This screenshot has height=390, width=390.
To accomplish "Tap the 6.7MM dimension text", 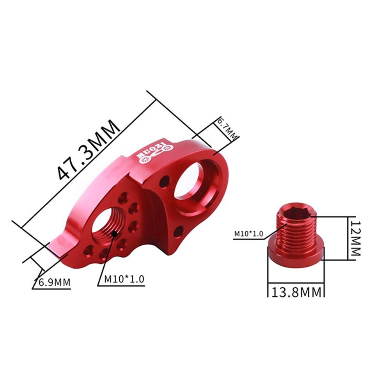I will pos(228,129).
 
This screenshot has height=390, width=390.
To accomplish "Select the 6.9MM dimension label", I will pos(53,282).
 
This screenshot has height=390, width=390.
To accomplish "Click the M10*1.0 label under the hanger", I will pos(124,279).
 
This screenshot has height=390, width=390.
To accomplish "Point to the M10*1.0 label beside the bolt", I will pos(248,234).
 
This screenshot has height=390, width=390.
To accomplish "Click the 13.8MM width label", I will pos(296,292).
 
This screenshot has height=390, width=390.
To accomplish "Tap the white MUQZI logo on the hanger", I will pos(154,151).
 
